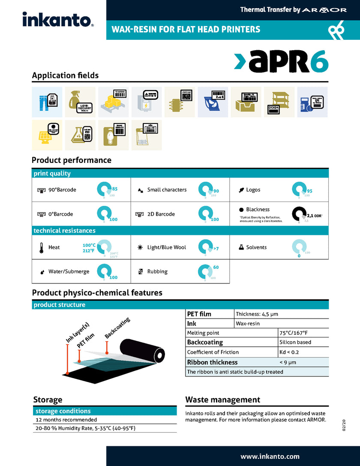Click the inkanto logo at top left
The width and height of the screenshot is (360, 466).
pos(58,19)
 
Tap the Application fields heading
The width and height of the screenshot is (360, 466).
pos(65,75)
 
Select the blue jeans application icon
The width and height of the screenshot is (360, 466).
pos(47,102)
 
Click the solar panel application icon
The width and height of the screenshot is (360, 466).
pos(47,135)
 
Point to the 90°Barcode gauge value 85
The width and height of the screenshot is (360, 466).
pos(115,188)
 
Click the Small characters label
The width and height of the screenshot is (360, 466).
pos(167,189)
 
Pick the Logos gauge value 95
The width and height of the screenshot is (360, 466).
pos(309,191)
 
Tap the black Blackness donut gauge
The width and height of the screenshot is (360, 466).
pos(300,214)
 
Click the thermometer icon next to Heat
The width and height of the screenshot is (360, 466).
pos(41,248)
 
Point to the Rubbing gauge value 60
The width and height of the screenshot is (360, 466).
pos(216,267)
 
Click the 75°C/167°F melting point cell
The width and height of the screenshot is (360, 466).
pos(294,333)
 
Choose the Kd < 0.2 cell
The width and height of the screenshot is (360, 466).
pos(289,352)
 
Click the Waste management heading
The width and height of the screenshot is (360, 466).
pos(222,400)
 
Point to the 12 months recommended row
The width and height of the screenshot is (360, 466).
pos(66,420)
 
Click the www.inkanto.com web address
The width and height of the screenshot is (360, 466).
pos(270,456)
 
